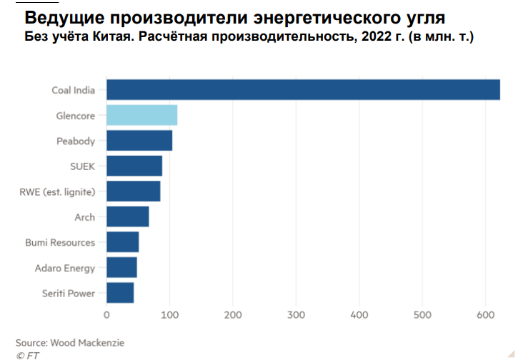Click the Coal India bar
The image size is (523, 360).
(303, 90)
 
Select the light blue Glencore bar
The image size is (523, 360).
(141, 115)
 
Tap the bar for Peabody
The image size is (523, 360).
(139, 141)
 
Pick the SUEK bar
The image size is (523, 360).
(134, 166)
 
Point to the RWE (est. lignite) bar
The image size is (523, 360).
(134, 191)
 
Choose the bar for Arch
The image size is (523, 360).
(128, 216)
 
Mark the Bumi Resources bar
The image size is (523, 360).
(123, 242)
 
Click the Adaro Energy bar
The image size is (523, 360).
(121, 268)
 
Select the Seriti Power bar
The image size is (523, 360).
(120, 293)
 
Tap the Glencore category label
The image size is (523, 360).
(76, 116)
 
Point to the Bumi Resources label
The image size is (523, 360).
(60, 243)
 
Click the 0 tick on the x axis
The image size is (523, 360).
(106, 314)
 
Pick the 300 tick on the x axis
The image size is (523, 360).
(296, 314)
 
